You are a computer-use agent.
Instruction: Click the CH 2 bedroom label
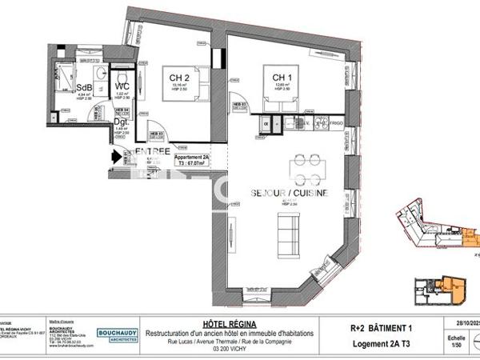coord(179,78)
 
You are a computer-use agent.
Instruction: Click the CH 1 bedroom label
coord(275,77)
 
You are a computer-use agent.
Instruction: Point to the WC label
coord(123,86)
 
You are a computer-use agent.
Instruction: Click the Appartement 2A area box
coord(191,162)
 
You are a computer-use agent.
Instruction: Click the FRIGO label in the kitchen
coord(338,124)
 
